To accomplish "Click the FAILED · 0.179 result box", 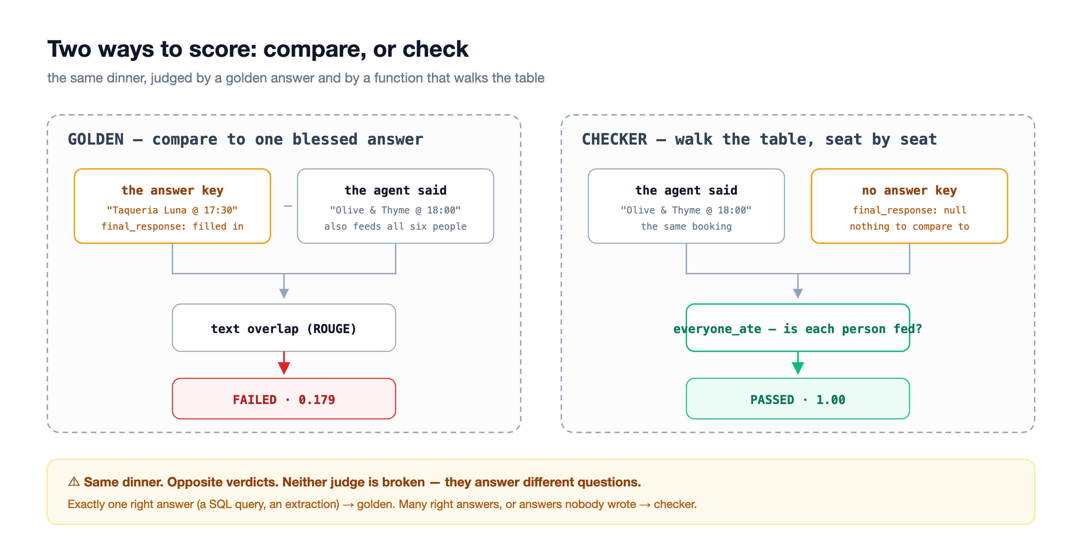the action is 284,399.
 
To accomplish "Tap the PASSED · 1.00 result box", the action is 798,399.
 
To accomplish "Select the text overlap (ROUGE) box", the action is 284,328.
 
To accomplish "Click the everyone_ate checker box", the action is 798,328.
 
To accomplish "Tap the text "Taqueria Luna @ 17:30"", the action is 172,210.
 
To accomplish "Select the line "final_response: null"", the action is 909,210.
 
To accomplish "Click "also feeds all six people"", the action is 395,226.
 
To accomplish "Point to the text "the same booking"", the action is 686,226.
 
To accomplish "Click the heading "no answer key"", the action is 909,190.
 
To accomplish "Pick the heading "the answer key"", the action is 172,190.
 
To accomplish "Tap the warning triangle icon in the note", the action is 74,481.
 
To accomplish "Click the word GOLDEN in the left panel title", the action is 96,139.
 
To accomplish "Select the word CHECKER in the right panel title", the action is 614,139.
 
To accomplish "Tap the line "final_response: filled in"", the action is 172,226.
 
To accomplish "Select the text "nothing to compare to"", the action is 909,226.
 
